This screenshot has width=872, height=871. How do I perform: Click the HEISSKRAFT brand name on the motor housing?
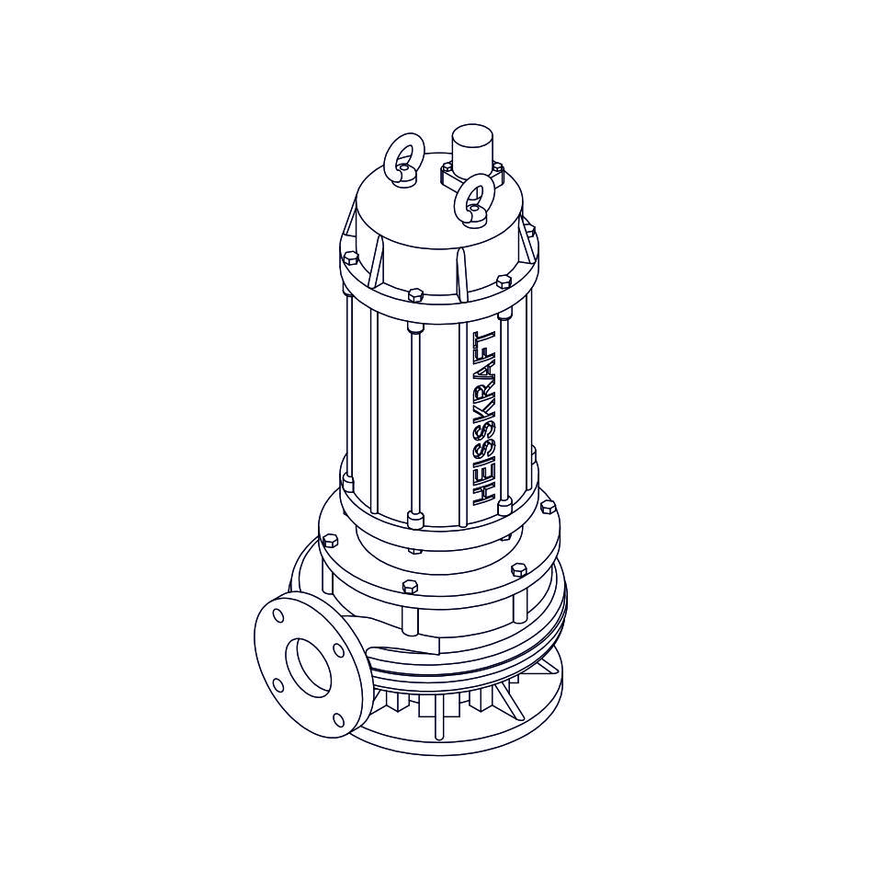pyautogui.click(x=483, y=418)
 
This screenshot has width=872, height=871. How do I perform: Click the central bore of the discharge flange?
pyautogui.click(x=309, y=669)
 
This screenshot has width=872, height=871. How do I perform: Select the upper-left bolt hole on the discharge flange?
pyautogui.click(x=278, y=615)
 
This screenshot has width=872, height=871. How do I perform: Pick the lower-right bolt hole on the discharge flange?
pyautogui.click(x=338, y=719)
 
